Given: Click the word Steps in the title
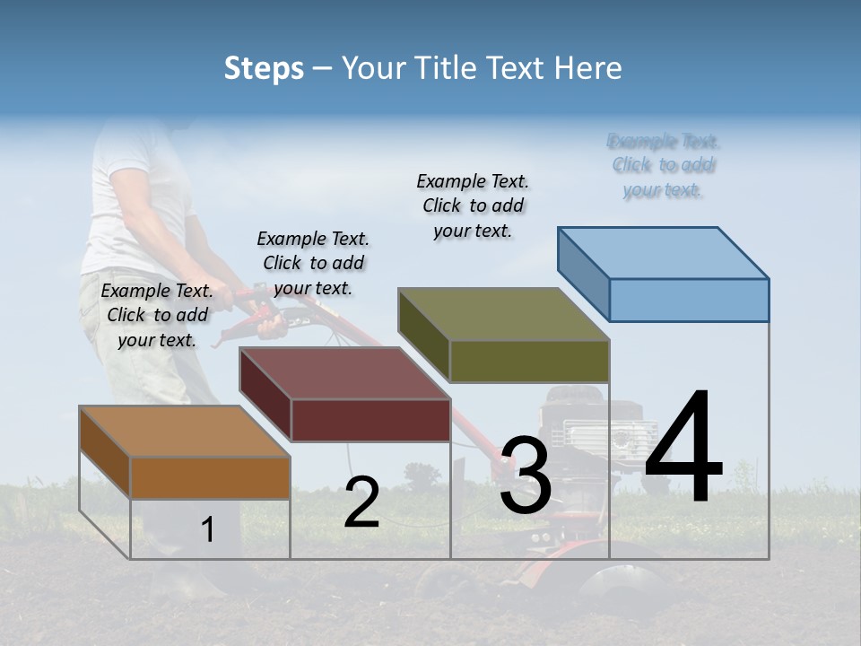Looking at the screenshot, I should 264,68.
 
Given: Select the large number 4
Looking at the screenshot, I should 683,448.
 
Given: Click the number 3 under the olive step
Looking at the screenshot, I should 526,476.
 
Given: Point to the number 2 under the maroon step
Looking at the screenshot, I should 361,502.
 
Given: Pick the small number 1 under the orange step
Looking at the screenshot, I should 208,530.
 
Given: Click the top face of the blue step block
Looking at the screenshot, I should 664,253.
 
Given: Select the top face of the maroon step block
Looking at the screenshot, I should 345,373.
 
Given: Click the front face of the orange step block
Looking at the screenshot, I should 210,477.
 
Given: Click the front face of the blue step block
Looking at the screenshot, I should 689,300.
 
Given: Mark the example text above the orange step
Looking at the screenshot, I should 157,315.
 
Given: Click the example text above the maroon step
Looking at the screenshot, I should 313,263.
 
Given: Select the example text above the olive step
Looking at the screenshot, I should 473,205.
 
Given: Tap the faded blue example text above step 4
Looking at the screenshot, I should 664,165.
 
